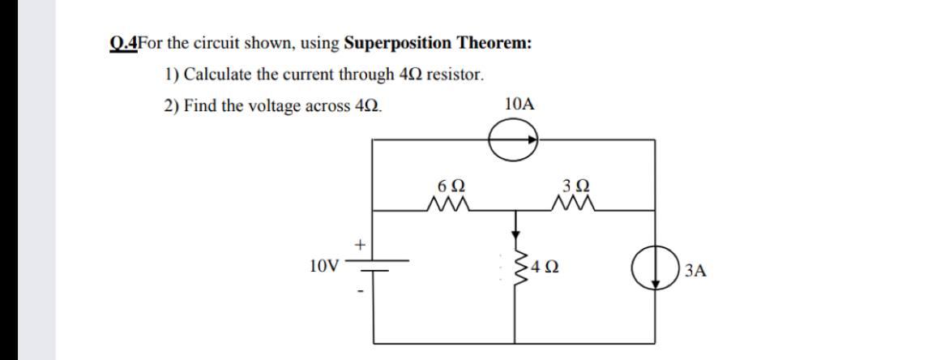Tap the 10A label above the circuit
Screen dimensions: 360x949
pos(519,104)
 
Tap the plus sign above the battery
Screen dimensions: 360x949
pos(360,242)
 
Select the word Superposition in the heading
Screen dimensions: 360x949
pos(399,43)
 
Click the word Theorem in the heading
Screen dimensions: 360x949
pos(495,43)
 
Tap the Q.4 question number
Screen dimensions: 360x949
pos(122,43)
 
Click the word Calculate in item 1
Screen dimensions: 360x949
pos(218,75)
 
